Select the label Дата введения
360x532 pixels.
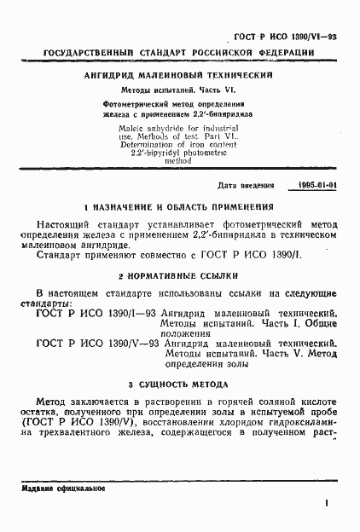247,184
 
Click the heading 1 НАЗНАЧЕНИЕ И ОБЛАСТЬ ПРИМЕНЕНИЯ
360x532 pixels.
179,207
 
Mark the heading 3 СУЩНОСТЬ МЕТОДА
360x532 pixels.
179,383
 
